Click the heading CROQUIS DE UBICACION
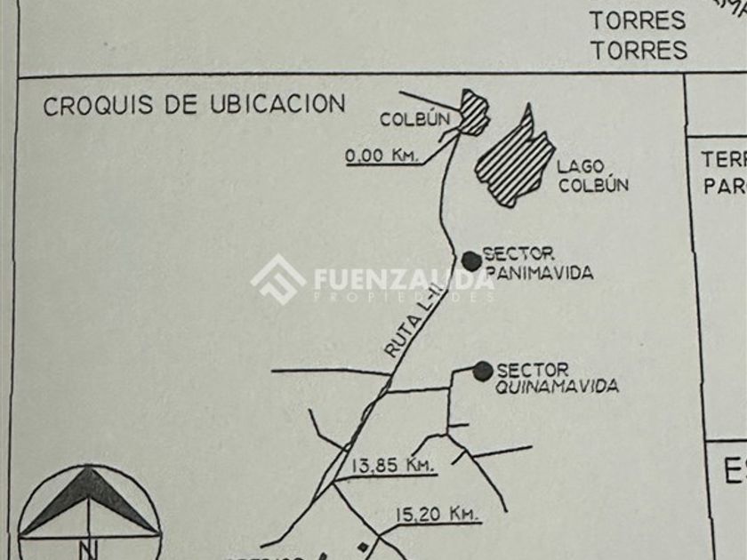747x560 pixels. click(194, 105)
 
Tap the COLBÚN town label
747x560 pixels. click(413, 119)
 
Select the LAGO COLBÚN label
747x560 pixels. click(593, 176)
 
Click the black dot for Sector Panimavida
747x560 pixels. click(470, 260)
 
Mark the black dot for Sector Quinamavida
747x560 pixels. click(483, 370)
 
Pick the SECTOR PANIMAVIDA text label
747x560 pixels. click(536, 264)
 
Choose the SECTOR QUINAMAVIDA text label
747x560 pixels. click(557, 378)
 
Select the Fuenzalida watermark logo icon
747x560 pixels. click(278, 279)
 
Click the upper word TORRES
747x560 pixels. click(638, 20)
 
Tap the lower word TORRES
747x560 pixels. click(639, 50)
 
